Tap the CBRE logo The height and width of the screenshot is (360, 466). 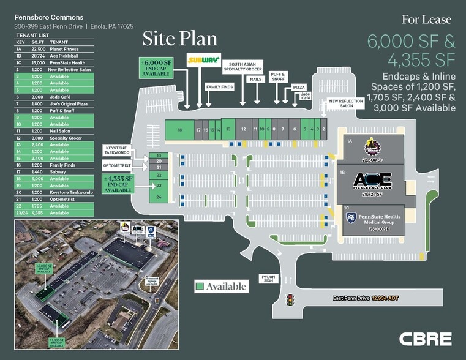(x=426, y=339)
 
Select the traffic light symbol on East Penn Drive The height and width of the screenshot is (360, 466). (x=290, y=300)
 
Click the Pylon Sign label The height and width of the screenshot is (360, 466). (x=268, y=279)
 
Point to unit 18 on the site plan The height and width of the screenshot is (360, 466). (x=180, y=129)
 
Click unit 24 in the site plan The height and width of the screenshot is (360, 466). (x=159, y=197)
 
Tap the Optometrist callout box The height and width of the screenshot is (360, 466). (x=117, y=166)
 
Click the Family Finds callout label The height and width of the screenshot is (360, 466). (x=219, y=87)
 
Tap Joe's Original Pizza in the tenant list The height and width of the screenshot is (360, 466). (x=66, y=103)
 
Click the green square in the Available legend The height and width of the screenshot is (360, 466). (x=199, y=286)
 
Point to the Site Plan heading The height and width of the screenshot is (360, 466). (x=179, y=39)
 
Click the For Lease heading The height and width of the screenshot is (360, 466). (x=426, y=20)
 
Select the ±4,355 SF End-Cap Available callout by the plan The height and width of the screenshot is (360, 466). (x=118, y=184)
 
